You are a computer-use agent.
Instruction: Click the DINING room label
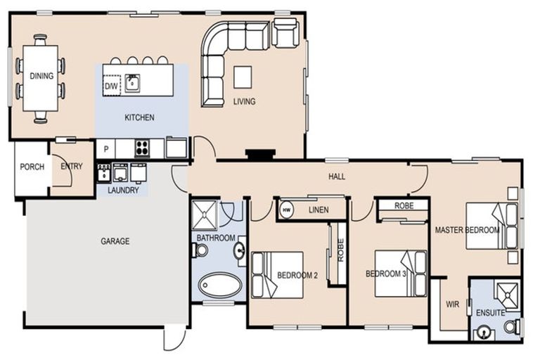click(41, 77)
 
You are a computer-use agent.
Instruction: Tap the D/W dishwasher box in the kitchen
click(111, 85)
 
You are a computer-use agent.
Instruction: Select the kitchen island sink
click(132, 83)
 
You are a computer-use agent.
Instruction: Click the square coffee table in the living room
click(243, 77)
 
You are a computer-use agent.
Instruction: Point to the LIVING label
click(244, 102)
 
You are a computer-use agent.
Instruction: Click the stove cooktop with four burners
click(142, 148)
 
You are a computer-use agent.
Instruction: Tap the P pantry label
click(105, 148)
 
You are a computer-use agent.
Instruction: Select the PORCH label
click(32, 167)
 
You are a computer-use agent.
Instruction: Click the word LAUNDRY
click(123, 191)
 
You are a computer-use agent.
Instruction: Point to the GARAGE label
click(115, 241)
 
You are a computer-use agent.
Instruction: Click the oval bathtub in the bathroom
click(220, 285)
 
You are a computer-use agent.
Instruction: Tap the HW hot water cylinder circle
click(287, 210)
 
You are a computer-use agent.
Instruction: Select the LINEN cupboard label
click(319, 210)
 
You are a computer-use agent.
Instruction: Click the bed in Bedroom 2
click(277, 275)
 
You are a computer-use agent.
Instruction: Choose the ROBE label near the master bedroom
click(404, 206)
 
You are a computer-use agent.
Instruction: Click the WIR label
click(452, 304)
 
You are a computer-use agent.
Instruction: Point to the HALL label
click(337, 177)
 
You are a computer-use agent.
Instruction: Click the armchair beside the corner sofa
click(285, 33)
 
